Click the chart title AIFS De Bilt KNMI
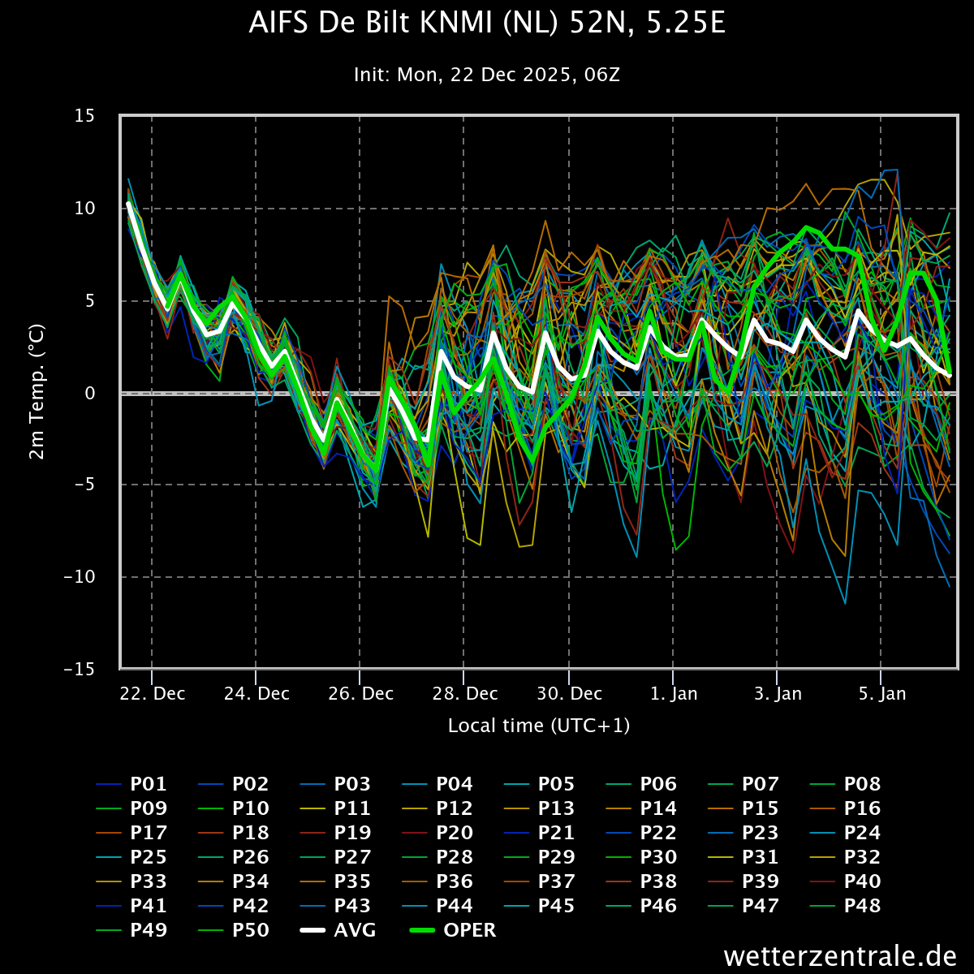click(x=487, y=24)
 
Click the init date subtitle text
click(x=487, y=75)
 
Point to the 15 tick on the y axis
click(x=84, y=116)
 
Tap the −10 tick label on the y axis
click(x=79, y=577)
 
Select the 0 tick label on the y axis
click(x=90, y=393)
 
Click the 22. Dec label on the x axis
click(x=152, y=694)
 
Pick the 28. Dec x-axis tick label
click(x=464, y=694)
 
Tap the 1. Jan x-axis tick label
click(x=673, y=694)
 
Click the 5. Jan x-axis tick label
click(x=881, y=694)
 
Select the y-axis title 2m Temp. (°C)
click(x=37, y=392)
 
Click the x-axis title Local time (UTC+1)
click(x=539, y=726)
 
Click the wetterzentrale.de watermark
click(x=840, y=956)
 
